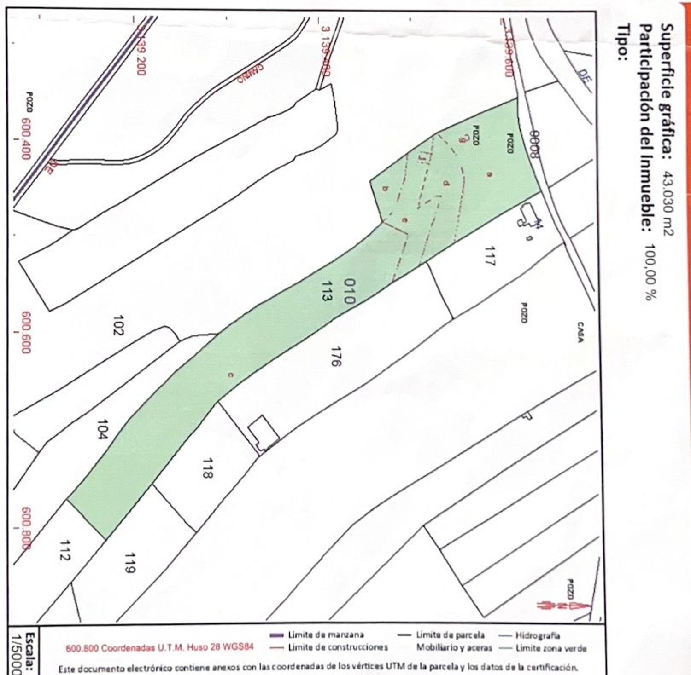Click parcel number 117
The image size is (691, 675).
(490, 256)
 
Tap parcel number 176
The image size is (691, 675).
(335, 356)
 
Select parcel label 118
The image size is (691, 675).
(207, 468)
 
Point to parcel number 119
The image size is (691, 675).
(129, 563)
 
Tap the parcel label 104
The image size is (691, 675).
(102, 429)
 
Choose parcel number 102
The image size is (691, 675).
(118, 325)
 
